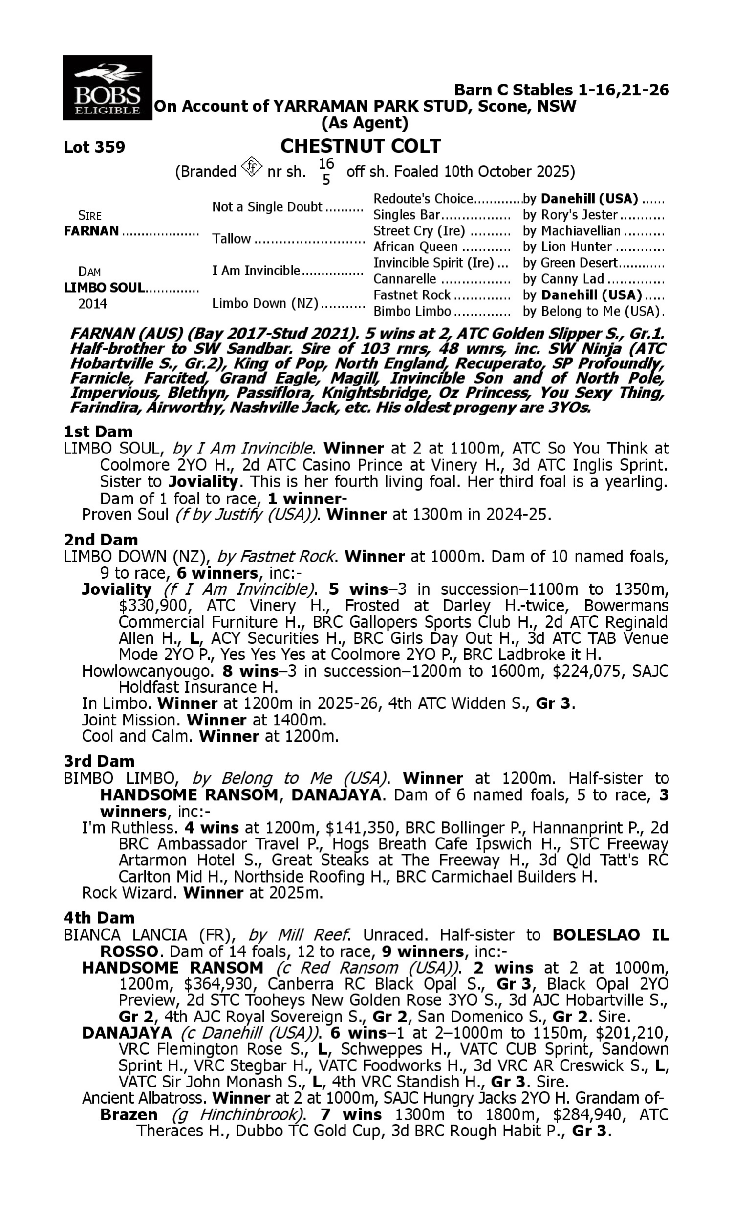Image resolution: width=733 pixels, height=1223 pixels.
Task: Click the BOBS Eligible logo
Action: (x=107, y=88)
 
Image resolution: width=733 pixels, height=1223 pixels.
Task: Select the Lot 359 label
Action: (x=94, y=147)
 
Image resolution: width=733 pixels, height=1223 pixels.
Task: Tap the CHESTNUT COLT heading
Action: (x=361, y=146)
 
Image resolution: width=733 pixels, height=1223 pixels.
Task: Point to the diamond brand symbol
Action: (x=251, y=167)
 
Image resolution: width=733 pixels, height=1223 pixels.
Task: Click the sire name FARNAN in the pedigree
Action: (x=91, y=231)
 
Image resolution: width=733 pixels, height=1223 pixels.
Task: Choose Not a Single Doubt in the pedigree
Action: (x=267, y=206)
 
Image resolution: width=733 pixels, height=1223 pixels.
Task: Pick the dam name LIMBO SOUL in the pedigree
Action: (x=104, y=287)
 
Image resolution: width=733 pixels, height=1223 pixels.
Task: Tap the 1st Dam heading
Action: (x=98, y=431)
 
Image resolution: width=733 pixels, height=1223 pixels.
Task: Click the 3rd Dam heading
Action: (x=99, y=761)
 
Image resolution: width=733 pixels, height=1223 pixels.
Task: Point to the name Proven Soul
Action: (x=125, y=515)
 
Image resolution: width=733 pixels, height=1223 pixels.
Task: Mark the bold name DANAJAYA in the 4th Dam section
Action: (x=127, y=1033)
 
